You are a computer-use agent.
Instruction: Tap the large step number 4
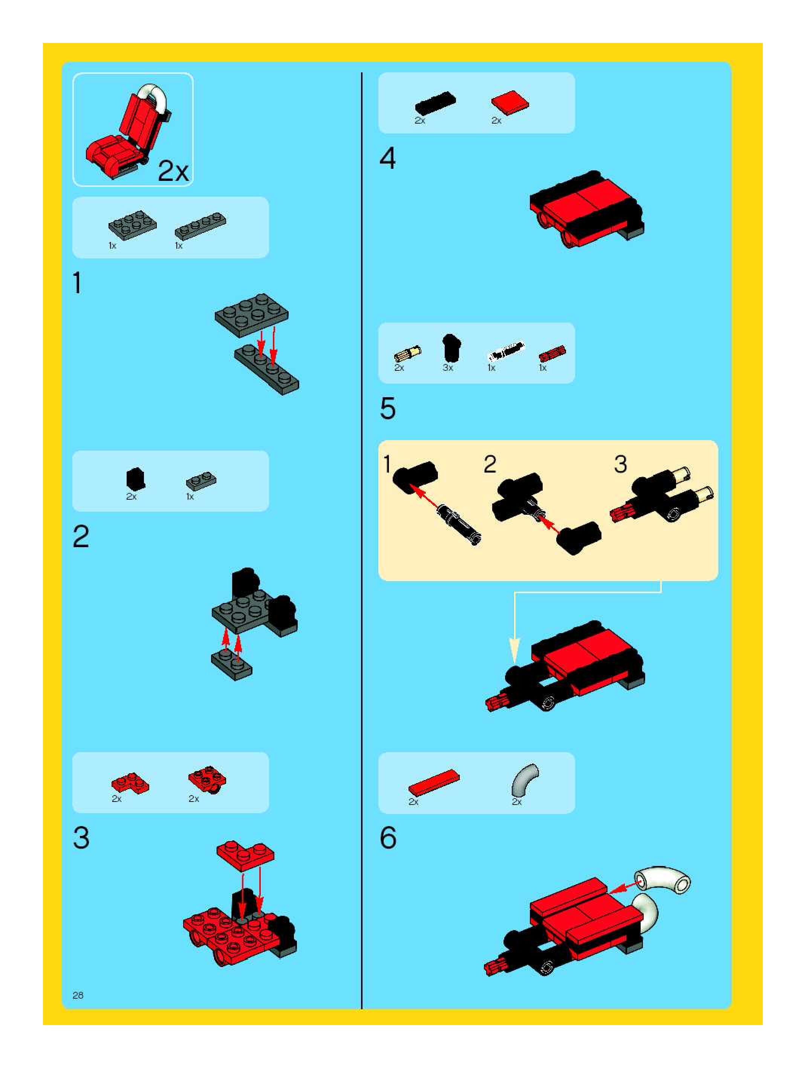pyautogui.click(x=387, y=158)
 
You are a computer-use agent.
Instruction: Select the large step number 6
pyautogui.click(x=388, y=838)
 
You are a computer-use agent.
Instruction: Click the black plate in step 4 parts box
pyautogui.click(x=435, y=103)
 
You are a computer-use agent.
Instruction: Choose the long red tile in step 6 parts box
pyautogui.click(x=433, y=782)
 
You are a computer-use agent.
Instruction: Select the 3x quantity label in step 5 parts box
pyautogui.click(x=447, y=368)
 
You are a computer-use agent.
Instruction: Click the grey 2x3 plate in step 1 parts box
pyautogui.click(x=132, y=225)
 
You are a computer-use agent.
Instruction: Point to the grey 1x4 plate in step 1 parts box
pyautogui.click(x=200, y=226)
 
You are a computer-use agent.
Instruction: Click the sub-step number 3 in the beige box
pyautogui.click(x=620, y=464)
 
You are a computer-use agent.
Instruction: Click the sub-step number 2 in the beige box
pyautogui.click(x=490, y=464)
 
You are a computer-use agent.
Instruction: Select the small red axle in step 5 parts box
pyautogui.click(x=552, y=354)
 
